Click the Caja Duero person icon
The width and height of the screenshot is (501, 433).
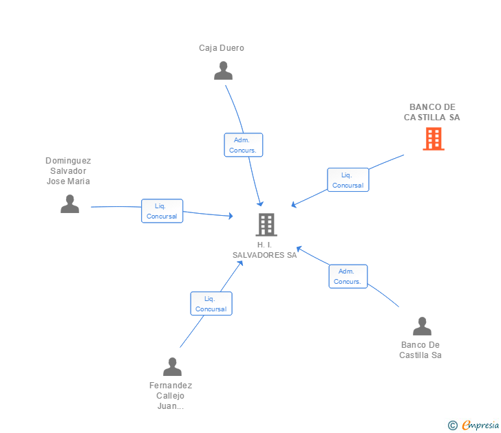pos(223,71)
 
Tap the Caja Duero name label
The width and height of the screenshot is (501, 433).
pos(222,48)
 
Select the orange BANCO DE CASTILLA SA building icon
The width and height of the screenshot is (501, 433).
pos(433,139)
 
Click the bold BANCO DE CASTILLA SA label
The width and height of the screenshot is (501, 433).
pos(432,112)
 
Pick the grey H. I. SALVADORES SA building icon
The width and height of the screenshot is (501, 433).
pos(266,224)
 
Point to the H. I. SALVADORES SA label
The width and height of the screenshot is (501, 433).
pos(265,249)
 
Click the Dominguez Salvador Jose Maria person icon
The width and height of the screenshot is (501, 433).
pos(70,203)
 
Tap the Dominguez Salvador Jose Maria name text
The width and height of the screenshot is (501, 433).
pos(68,171)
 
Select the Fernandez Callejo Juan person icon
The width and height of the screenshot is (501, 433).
pos(172,367)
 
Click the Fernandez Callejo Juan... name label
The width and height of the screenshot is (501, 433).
pos(171,396)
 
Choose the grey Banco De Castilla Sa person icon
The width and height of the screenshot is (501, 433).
pos(422,326)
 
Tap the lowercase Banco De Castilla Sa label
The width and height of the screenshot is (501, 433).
pos(420,350)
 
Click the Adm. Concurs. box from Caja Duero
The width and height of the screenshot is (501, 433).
pos(243,145)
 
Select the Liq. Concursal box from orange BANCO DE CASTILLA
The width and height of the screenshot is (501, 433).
pos(348,180)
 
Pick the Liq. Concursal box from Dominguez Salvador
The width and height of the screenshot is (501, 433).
pos(162,211)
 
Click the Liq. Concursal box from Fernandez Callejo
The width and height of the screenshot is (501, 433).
pos(211,304)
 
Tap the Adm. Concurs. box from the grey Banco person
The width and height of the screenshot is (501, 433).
pos(348,276)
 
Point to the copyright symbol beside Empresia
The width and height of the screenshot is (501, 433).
pos(452,425)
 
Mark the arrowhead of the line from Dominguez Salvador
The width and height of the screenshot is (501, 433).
pos(231,216)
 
